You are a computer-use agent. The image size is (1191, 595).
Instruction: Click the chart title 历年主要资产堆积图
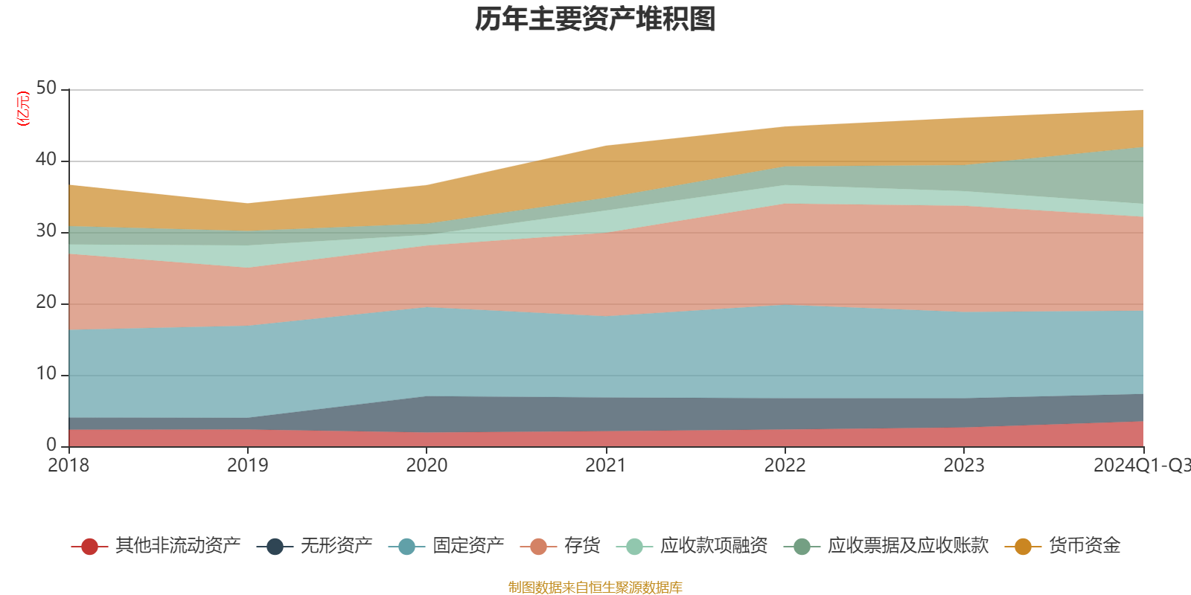pos(595,19)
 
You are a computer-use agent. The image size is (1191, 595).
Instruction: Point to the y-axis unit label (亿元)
pos(23,109)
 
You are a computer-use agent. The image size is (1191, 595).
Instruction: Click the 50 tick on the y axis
pos(46,89)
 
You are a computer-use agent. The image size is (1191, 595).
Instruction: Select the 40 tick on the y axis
pos(46,159)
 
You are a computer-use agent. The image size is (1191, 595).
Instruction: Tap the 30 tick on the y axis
pos(46,231)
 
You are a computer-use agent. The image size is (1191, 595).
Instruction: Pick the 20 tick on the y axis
pos(46,302)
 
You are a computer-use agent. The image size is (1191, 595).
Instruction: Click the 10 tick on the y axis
pos(46,373)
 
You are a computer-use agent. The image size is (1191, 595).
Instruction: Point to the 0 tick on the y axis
pos(51,445)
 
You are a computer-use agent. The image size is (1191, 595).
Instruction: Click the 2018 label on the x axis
pos(68,466)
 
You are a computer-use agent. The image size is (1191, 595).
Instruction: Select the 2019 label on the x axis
pos(247,466)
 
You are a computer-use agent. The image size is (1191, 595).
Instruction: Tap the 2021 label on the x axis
pos(605,466)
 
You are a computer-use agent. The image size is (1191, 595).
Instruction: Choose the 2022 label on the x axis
pos(785,466)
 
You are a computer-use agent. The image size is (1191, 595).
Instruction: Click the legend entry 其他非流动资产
pos(177,546)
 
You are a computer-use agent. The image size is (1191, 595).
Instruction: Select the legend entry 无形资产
pos(336,546)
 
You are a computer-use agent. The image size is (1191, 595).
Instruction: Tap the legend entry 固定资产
pos(468,546)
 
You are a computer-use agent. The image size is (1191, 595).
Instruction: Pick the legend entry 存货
pos(581,546)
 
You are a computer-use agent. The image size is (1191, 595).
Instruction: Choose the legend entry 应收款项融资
pos(713,546)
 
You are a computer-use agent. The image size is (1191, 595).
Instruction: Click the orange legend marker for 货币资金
pos(1023,547)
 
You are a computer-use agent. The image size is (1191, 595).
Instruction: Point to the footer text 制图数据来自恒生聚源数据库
pos(595,588)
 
